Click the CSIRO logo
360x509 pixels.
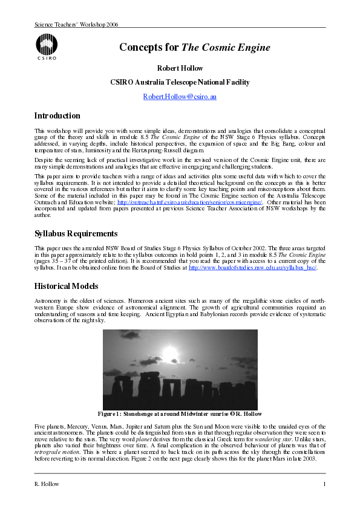tap(47, 48)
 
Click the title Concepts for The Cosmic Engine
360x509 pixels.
tap(180, 48)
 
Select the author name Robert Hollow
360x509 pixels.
tap(180, 68)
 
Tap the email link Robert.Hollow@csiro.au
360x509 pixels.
tap(180, 97)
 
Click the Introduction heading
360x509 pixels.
tap(57, 116)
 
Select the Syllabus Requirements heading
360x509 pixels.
tap(76, 233)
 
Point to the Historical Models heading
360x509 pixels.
tap(66, 286)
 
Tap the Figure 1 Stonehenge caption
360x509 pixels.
tap(180, 414)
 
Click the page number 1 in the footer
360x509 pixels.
tap(324, 484)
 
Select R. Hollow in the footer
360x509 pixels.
tap(48, 484)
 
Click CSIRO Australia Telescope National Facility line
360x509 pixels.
tap(180, 82)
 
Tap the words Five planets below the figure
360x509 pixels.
tap(49, 427)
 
